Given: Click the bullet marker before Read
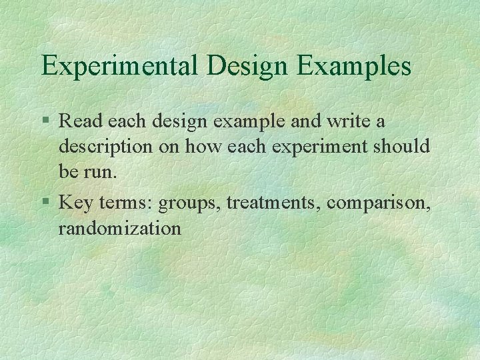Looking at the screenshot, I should (x=45, y=122).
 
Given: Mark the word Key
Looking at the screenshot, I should (x=73, y=202).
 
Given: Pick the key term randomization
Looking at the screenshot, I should (x=120, y=228).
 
